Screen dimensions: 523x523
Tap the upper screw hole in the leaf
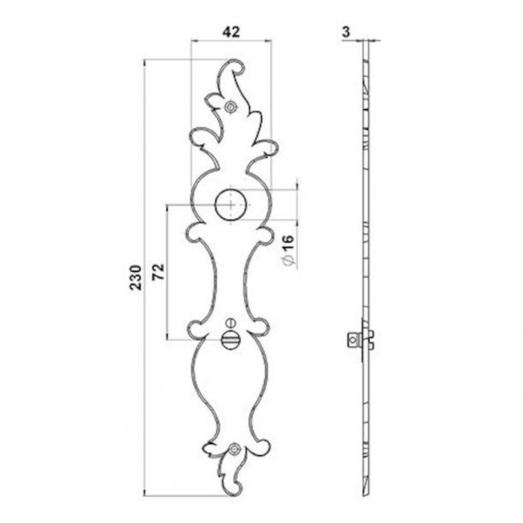coord(231,106)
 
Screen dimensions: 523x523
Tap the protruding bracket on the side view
coord(355,339)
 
